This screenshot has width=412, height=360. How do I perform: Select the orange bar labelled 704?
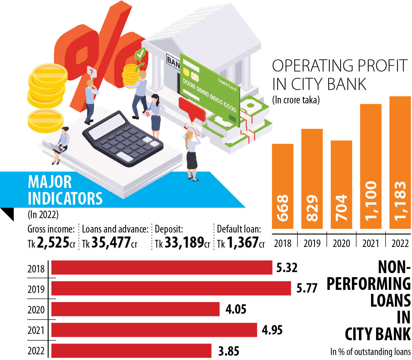(x=341, y=185)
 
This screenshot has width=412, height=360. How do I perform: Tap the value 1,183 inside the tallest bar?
(x=400, y=201)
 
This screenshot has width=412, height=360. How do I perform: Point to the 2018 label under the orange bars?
(x=283, y=243)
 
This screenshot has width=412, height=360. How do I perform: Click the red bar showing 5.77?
(x=171, y=288)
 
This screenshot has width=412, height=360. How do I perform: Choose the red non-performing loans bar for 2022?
(x=131, y=351)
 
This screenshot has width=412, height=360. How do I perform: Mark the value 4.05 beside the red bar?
(x=236, y=309)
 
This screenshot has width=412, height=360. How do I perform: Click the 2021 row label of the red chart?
(x=36, y=330)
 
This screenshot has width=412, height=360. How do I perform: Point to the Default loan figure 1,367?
(x=242, y=243)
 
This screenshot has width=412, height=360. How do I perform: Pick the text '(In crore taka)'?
(x=296, y=100)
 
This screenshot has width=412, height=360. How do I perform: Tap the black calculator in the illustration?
(x=122, y=138)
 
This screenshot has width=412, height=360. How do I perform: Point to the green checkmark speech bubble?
(x=140, y=54)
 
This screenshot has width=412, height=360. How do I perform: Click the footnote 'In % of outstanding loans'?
(x=370, y=352)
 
